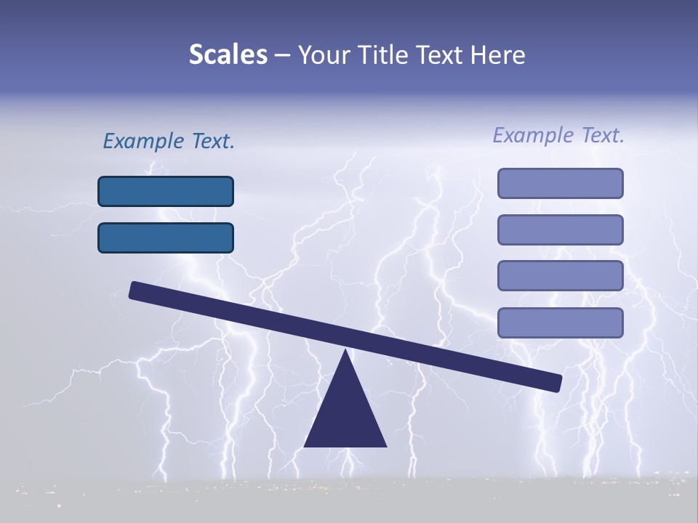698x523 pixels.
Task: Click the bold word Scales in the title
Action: coord(228,54)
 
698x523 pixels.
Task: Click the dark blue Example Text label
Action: coord(169,141)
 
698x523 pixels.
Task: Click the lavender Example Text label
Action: coord(558,135)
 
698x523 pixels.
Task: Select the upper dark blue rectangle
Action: coord(166,191)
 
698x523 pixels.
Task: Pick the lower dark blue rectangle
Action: coord(166,238)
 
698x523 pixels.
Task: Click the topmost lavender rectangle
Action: coord(560,183)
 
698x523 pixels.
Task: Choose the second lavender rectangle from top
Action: coord(560,230)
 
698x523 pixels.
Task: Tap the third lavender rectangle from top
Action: coord(560,275)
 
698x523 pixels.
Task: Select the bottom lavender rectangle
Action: coord(560,323)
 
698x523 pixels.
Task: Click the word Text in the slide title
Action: coord(439,55)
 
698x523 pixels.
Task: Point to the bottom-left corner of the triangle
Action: coord(305,445)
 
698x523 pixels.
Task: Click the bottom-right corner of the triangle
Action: coord(385,445)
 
